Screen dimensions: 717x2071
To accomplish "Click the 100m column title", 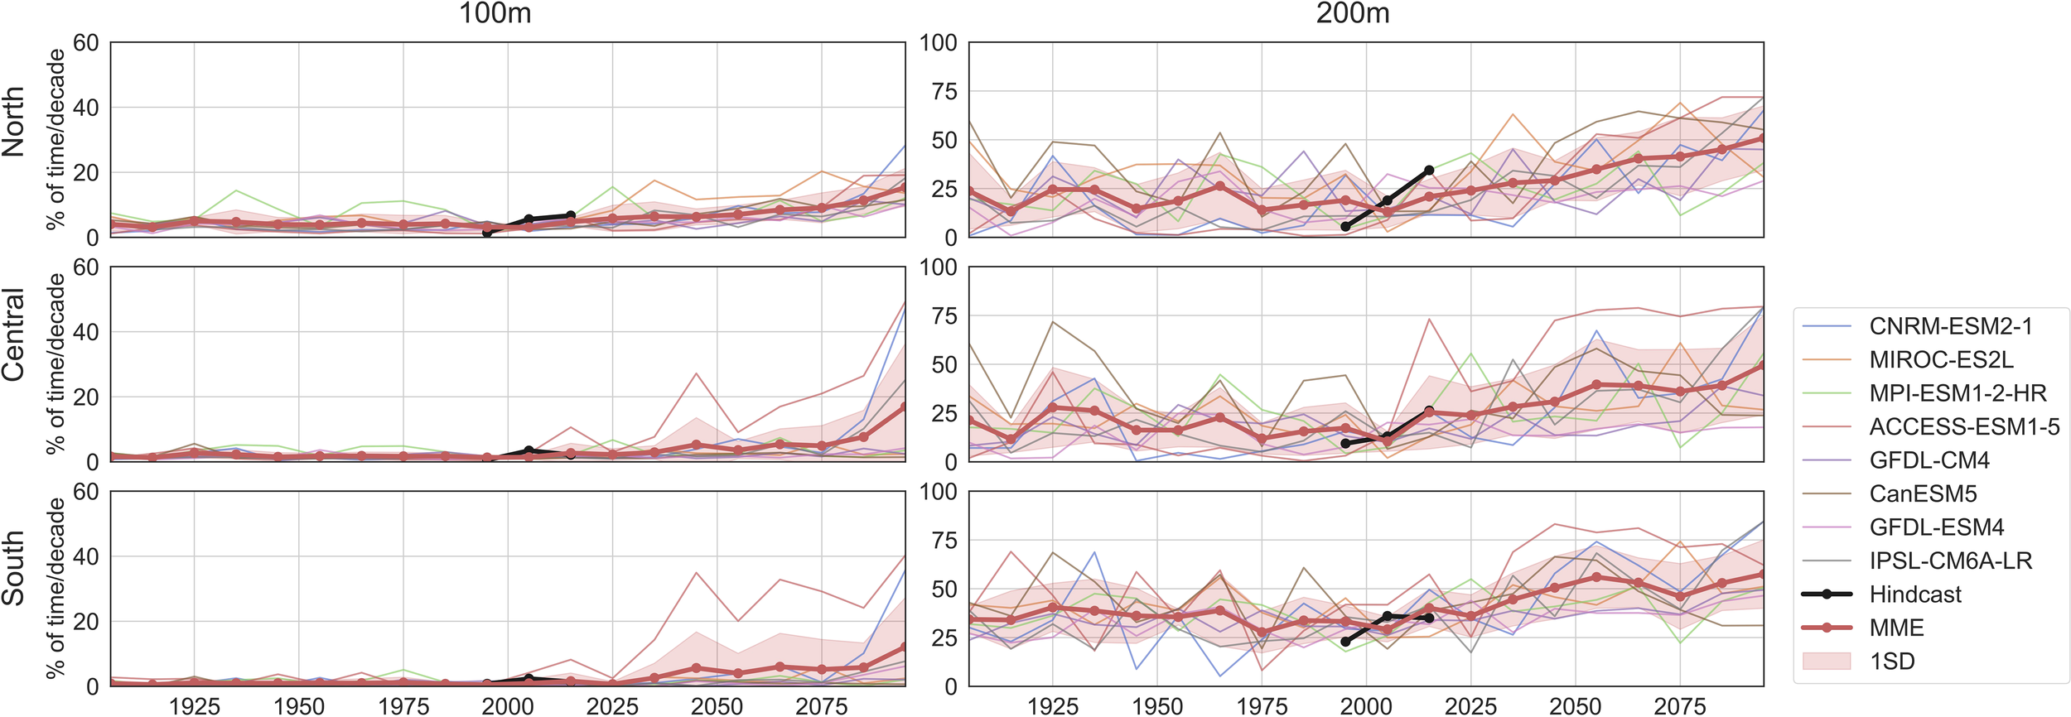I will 495,13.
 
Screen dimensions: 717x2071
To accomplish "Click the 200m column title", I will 1352,13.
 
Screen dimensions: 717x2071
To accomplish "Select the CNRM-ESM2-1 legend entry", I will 1950,326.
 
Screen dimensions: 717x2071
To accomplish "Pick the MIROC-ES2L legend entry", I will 1941,359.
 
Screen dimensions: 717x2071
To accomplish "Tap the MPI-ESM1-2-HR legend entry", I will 1958,393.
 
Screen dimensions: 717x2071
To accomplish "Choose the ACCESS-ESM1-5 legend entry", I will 1958,426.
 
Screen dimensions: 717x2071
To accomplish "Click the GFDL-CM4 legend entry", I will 1929,460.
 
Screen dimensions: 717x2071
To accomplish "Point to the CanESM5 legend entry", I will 1923,493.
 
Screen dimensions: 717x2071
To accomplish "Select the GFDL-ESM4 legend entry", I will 1936,527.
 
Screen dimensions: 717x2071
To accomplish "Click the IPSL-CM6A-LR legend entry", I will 1950,561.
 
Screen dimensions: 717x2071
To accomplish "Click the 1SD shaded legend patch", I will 1827,661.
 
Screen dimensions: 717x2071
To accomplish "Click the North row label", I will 13,122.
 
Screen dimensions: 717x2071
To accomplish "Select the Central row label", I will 13,334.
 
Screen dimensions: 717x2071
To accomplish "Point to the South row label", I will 13,568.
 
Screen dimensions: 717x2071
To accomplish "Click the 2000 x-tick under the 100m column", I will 508,705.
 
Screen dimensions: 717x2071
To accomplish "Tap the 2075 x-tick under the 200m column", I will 1680,705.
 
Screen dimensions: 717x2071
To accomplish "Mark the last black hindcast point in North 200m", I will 1429,171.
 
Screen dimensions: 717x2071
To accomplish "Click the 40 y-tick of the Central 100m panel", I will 86,332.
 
